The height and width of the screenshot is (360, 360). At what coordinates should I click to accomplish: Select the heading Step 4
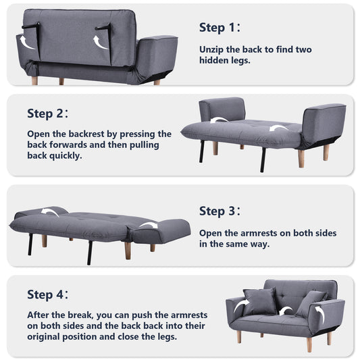47,294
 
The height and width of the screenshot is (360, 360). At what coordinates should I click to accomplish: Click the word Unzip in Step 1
215,49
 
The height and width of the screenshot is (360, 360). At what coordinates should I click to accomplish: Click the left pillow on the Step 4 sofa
261,301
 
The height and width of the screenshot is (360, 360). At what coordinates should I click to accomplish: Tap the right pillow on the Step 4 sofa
310,303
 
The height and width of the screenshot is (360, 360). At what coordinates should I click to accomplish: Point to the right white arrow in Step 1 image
101,42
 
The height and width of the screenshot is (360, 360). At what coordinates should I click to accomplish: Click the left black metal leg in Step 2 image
201,151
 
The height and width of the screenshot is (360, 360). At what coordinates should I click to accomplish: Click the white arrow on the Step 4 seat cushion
287,311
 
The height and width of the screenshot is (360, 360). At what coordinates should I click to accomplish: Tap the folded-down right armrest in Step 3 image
162,231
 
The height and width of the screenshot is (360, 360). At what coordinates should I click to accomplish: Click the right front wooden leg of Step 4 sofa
309,343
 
